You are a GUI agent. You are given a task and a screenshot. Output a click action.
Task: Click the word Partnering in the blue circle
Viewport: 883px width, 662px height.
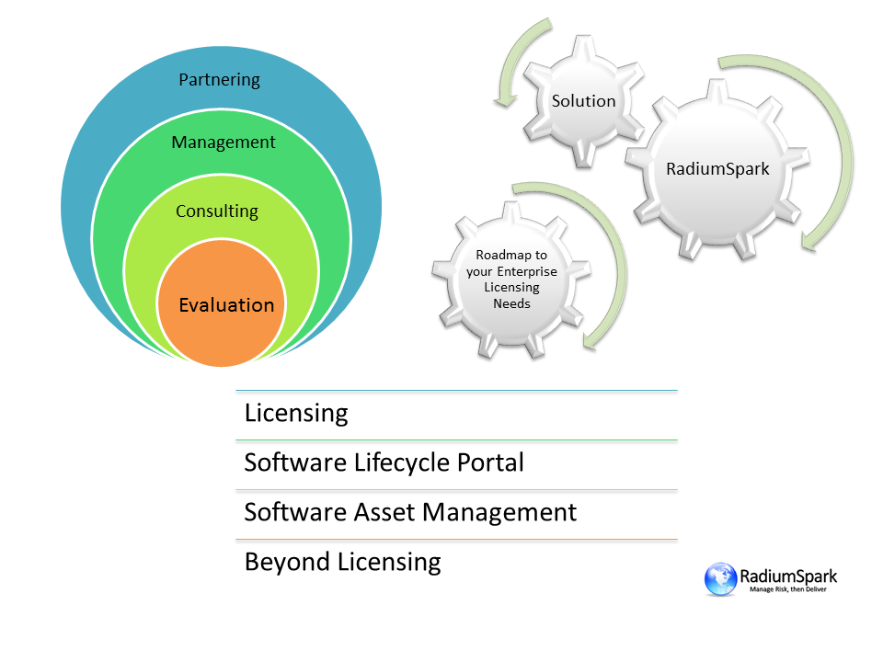(219, 81)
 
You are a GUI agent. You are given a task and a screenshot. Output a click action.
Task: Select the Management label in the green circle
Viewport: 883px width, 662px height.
(224, 143)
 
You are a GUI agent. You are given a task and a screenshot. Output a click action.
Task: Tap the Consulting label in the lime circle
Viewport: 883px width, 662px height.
(217, 211)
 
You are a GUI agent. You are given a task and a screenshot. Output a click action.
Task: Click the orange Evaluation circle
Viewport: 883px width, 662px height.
(222, 302)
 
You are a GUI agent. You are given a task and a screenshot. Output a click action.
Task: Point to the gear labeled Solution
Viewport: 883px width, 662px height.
(583, 101)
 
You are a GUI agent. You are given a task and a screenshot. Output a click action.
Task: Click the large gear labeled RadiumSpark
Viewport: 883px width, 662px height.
(717, 169)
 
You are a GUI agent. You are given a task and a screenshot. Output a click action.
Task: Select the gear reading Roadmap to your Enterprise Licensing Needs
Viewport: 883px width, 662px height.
(511, 280)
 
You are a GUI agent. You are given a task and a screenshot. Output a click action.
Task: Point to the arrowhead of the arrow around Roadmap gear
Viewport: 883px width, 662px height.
(591, 339)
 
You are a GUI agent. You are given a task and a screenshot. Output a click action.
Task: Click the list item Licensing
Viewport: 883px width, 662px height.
(296, 414)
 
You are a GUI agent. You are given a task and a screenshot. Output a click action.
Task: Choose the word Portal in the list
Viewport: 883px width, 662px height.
(490, 462)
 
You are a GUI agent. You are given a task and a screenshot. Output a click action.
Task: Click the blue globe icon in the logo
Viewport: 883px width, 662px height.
(720, 578)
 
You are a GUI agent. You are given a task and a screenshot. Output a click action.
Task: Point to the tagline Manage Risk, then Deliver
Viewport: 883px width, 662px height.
(788, 589)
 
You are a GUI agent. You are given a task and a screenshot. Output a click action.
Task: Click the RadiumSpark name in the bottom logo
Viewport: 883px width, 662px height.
(788, 576)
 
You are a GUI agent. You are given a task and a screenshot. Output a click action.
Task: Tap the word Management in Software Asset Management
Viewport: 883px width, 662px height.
(499, 513)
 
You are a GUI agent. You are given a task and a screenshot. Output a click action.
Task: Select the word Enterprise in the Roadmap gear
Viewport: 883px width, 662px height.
(527, 272)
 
